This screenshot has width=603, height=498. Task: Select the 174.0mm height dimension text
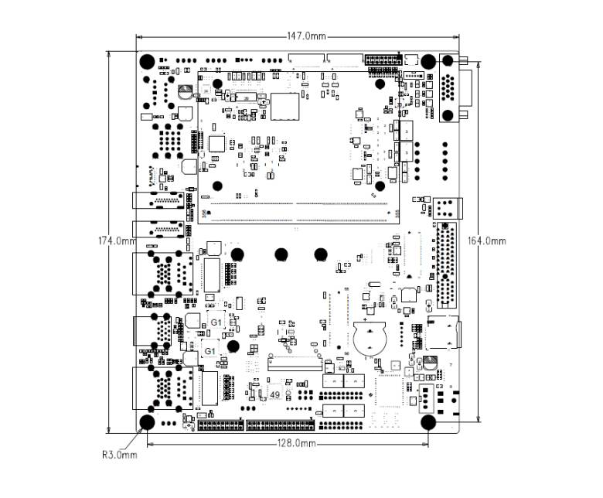click(114, 240)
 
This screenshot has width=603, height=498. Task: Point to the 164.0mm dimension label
click(487, 240)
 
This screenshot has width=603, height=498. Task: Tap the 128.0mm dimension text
click(297, 443)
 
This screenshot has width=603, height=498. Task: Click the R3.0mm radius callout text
click(119, 455)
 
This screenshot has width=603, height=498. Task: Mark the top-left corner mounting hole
click(146, 62)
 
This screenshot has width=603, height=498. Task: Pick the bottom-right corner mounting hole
click(429, 422)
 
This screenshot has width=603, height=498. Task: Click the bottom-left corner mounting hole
click(146, 422)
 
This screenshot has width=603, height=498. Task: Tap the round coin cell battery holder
click(370, 337)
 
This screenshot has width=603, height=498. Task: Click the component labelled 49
click(274, 395)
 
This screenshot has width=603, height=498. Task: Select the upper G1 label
click(217, 321)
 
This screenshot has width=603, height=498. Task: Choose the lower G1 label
click(210, 350)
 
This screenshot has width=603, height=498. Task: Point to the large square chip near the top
click(284, 106)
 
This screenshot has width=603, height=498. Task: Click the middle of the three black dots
click(281, 254)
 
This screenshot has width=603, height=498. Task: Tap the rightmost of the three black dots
click(320, 254)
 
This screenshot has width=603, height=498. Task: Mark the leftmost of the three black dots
click(237, 254)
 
